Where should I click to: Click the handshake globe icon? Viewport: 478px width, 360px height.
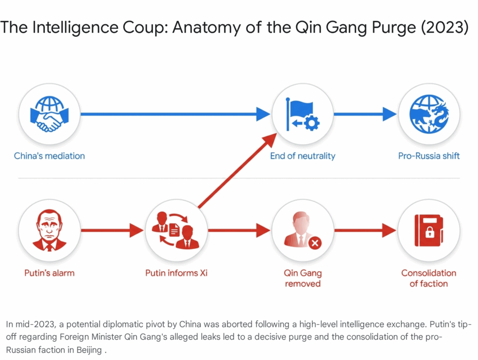pyautogui.click(x=49, y=114)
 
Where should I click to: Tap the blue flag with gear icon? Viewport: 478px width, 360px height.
pyautogui.click(x=302, y=114)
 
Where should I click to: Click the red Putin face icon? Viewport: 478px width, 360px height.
pyautogui.click(x=49, y=230)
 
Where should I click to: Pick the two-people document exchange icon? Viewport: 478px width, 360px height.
pyautogui.click(x=176, y=230)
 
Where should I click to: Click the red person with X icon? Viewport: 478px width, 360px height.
pyautogui.click(x=302, y=230)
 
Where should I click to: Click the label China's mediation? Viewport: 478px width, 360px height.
pyautogui.click(x=49, y=156)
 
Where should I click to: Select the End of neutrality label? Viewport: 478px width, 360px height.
pyautogui.click(x=302, y=156)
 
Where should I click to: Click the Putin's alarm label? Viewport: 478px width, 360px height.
pyautogui.click(x=49, y=273)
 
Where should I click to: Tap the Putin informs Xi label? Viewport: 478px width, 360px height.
pyautogui.click(x=176, y=273)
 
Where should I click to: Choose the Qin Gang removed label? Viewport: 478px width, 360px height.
pyautogui.click(x=302, y=278)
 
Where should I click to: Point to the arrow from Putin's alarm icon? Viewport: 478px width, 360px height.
pyautogui.click(x=112, y=230)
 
